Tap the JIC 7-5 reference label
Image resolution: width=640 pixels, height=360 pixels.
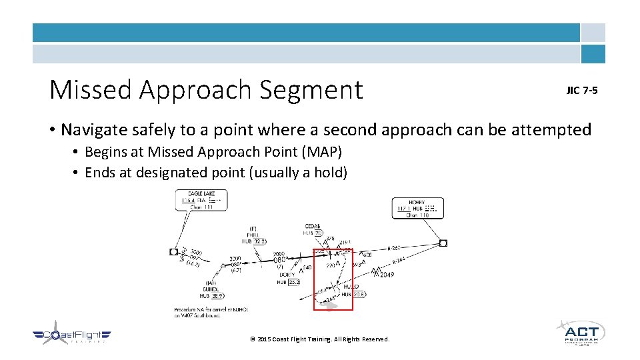[582, 90]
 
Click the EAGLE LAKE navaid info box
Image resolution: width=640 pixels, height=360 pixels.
[201, 201]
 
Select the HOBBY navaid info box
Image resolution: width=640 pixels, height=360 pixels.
[418, 208]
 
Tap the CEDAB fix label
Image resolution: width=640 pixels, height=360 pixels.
[312, 226]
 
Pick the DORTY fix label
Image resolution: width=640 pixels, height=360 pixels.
[287, 275]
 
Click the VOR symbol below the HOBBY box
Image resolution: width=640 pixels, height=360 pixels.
[443, 243]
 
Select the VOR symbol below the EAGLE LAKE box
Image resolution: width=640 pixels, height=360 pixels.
[174, 252]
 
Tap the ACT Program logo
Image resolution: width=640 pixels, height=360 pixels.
[580, 333]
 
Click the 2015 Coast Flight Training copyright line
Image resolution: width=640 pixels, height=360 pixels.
[319, 339]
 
